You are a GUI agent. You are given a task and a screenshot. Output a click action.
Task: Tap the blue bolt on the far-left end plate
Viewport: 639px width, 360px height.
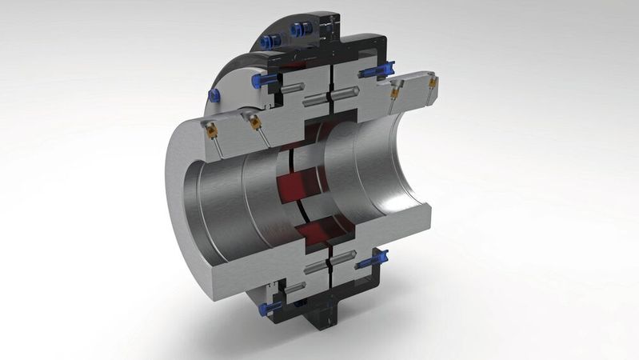coord(214,95)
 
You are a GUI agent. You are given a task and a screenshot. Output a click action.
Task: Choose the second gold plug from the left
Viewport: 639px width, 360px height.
coord(252,122)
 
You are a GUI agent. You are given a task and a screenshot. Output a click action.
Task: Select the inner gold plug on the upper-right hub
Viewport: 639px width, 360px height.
coord(393,93)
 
